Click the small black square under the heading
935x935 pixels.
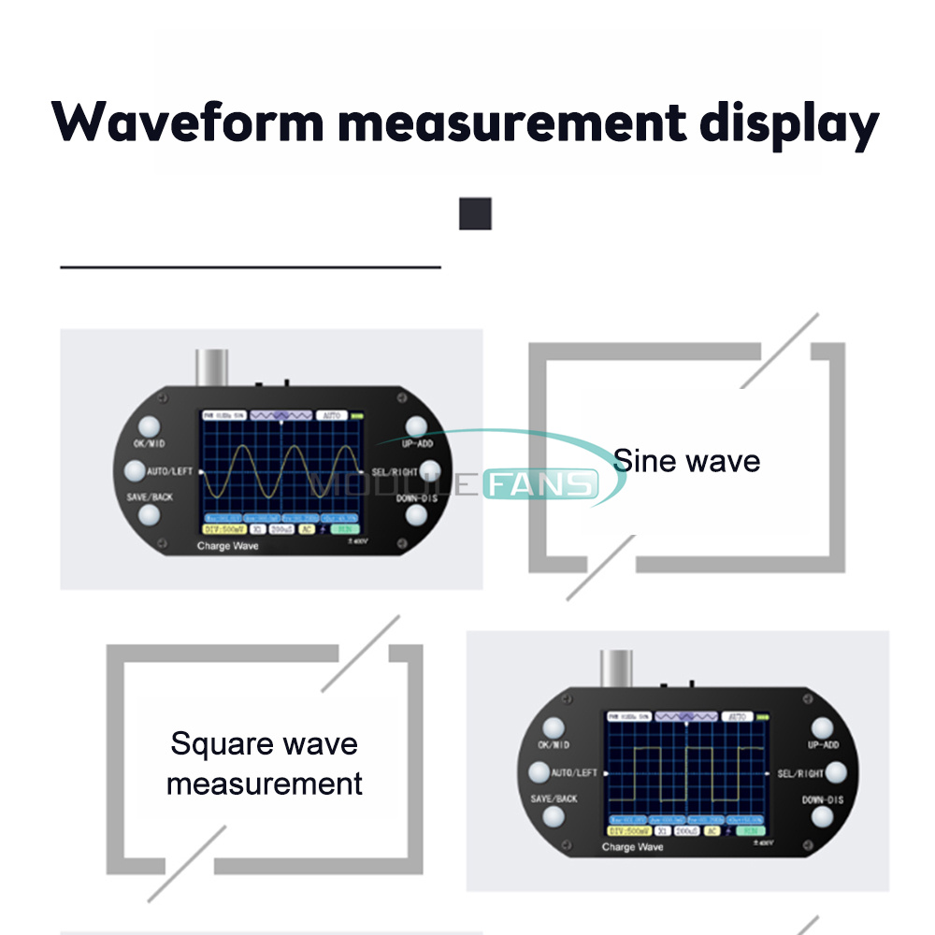point(475,213)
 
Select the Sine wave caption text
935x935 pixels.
point(686,461)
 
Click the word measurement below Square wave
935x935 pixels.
point(264,783)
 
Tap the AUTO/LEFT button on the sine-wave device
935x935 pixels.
point(134,470)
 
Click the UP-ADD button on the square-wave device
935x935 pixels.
point(822,726)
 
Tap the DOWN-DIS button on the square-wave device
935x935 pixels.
point(822,816)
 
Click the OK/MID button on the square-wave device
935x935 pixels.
point(554,726)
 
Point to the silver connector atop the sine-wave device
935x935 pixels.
point(210,367)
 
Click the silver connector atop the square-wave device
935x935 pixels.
point(616,669)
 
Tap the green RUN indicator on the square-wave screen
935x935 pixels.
point(749,830)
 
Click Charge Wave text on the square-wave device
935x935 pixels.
point(632,847)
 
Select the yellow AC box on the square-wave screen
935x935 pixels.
point(712,830)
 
